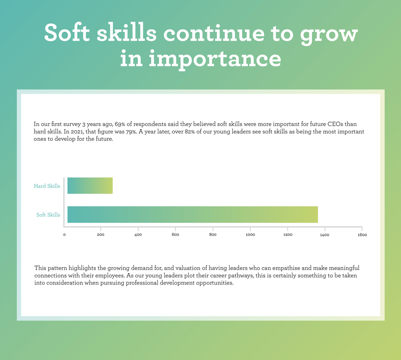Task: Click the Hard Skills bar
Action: (90, 186)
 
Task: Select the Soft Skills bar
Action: (192, 214)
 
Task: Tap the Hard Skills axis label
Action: (47, 186)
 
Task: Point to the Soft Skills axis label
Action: (48, 215)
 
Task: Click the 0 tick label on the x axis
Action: (64, 235)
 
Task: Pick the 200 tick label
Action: (101, 235)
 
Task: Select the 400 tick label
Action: (138, 235)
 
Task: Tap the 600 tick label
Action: (176, 235)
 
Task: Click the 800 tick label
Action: (213, 235)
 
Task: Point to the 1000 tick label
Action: (250, 235)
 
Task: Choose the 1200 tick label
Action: (288, 235)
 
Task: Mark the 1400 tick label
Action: (325, 235)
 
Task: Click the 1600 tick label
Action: (362, 235)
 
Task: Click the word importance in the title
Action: (215, 59)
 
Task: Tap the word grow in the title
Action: (329, 35)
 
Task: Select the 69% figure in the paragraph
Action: (120, 124)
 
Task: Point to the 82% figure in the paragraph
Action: (190, 132)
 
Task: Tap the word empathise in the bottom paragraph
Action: (288, 268)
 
